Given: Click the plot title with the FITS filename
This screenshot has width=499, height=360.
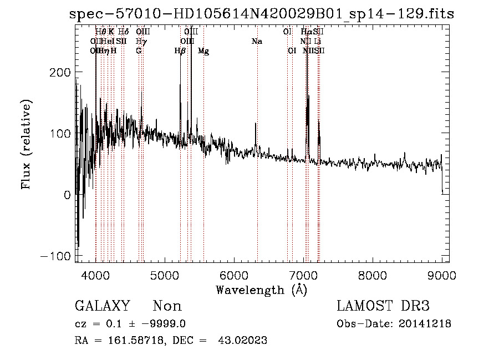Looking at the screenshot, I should pos(262,15).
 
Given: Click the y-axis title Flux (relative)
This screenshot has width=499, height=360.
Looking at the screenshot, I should pos(26,144).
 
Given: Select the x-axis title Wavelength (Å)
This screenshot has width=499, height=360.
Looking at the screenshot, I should pos(261,290).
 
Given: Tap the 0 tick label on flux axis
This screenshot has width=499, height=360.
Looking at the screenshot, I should pos(67,195).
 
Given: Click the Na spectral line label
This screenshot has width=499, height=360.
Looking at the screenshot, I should pos(256,42).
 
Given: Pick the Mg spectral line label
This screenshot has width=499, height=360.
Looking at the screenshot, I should pos(203,51).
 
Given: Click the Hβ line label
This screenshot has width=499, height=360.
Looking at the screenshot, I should pos(180,51).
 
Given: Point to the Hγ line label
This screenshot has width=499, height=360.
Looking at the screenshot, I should pos(141,42).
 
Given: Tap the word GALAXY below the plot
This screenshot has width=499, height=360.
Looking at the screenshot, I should pos(102,306).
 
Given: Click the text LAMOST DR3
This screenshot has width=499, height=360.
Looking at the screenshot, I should pos(383,306).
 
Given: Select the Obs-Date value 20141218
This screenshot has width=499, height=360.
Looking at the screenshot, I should pos(425,324).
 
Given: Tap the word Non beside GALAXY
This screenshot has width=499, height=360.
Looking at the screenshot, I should pos(167,306).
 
